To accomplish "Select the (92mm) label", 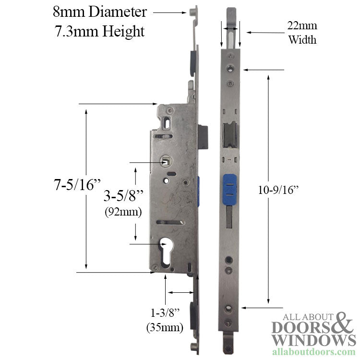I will (123, 212).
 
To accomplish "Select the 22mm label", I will (302, 26).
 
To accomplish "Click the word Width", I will (302, 39).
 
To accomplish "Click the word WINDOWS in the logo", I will (311, 340).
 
